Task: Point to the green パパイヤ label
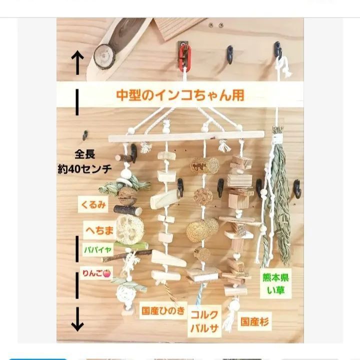pyautogui.click(x=97, y=248)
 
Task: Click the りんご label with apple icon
pyautogui.click(x=96, y=272)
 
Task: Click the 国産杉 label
pyautogui.click(x=254, y=321)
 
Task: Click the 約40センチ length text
pyautogui.click(x=84, y=169)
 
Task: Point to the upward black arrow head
pyautogui.click(x=77, y=56)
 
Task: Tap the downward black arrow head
pyautogui.click(x=77, y=325)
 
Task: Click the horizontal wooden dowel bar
pyautogui.click(x=185, y=136)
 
